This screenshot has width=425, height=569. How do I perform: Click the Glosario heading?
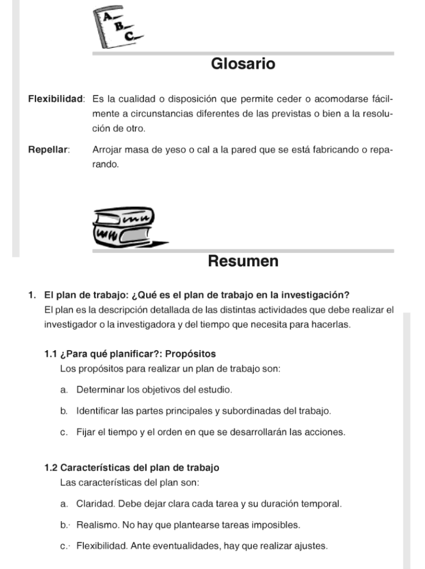coord(243,64)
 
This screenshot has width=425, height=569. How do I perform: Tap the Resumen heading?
coord(243,261)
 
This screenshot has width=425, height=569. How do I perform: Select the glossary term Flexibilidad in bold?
coord(56,99)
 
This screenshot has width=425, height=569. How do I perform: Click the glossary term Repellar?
coord(48,149)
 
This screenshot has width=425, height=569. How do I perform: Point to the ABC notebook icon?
coord(120,28)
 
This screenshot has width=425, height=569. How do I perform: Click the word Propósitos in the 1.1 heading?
coord(191,354)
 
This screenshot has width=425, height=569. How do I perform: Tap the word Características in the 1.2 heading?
coord(93,468)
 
